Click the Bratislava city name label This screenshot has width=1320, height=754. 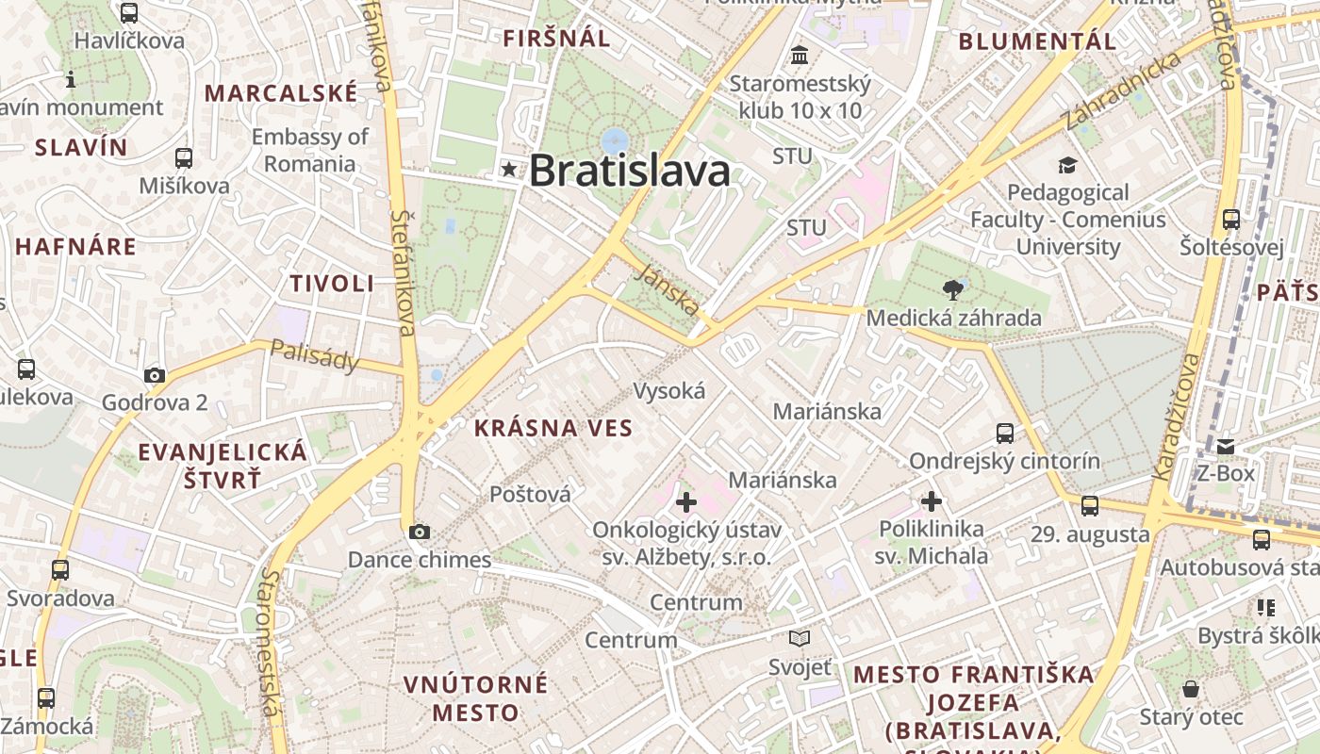click(x=629, y=171)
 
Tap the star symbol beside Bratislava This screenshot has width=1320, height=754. click(x=510, y=170)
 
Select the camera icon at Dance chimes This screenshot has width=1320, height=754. click(x=420, y=533)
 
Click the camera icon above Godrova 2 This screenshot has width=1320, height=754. click(x=155, y=375)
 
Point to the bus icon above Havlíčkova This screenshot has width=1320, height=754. click(x=129, y=13)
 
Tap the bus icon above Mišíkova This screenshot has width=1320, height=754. click(x=184, y=158)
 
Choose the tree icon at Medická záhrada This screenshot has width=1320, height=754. click(x=953, y=290)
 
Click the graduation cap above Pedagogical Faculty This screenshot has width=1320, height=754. click(x=1067, y=165)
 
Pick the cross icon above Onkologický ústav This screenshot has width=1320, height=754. click(x=686, y=501)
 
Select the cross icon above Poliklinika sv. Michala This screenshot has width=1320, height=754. click(x=932, y=501)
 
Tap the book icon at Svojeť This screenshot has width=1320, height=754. click(x=800, y=639)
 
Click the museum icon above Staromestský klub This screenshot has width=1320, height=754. click(x=800, y=56)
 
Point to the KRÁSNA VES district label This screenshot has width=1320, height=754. click(x=553, y=428)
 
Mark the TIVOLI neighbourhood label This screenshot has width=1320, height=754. click(x=332, y=284)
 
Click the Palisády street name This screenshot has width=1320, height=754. click(x=314, y=355)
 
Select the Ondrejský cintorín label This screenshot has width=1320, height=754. click(x=1004, y=461)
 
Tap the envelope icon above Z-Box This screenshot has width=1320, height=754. click(x=1226, y=446)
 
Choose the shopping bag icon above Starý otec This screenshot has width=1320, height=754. click(x=1191, y=689)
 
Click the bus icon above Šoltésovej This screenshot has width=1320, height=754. click(x=1231, y=220)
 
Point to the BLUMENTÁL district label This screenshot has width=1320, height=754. click(x=1037, y=41)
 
